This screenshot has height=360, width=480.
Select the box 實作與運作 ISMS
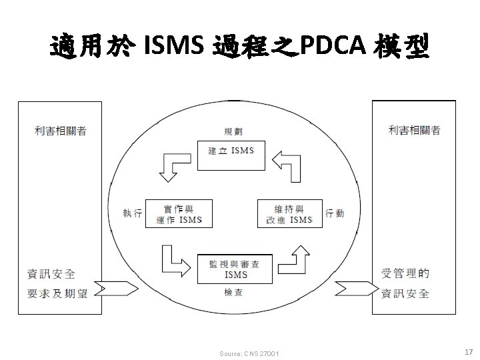[179, 213]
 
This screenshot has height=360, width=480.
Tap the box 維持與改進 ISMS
[289, 213]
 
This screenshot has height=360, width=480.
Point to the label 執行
[132, 213]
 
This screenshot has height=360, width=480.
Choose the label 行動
[335, 213]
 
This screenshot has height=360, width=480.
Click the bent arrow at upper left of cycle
[172, 165]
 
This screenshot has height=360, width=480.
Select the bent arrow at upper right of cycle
[288, 165]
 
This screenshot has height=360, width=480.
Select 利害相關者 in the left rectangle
[61, 131]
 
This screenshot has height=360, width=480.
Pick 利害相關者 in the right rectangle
[414, 131]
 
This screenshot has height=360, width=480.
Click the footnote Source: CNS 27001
[249, 353]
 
